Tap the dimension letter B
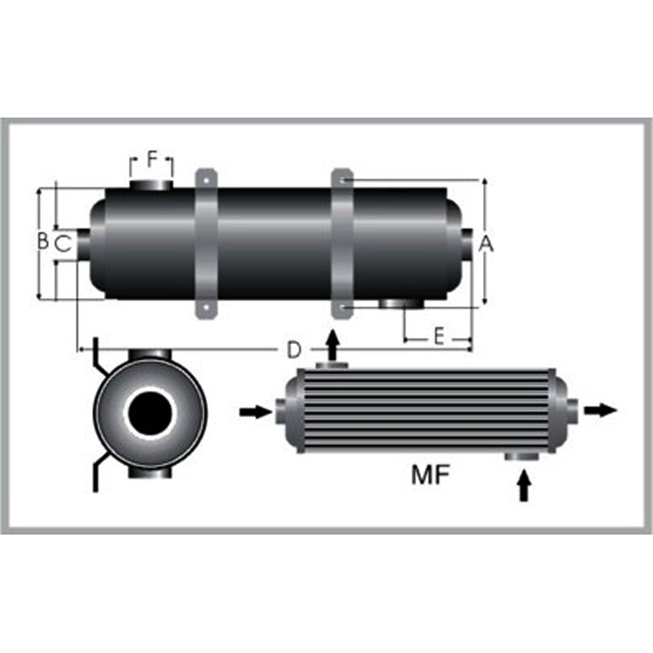click(43, 240)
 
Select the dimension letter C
click(64, 244)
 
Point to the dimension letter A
click(486, 244)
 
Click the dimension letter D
click(294, 350)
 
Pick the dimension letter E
click(439, 336)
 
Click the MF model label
click(430, 475)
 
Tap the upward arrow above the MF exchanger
click(333, 345)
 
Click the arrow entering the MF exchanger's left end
click(256, 413)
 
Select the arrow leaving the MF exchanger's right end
click(601, 410)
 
